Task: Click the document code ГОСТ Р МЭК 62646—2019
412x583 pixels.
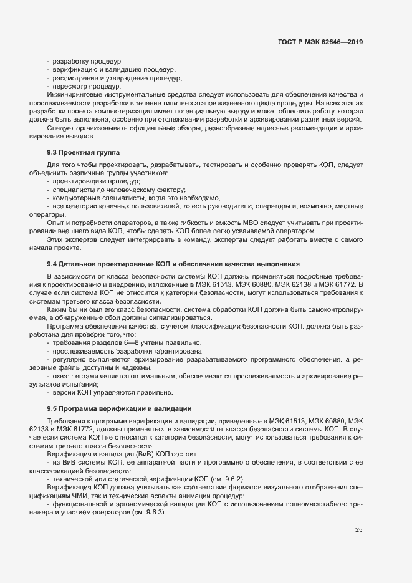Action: tap(320, 42)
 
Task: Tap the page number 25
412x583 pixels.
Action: tap(358, 530)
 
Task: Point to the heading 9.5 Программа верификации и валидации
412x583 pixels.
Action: tap(118, 408)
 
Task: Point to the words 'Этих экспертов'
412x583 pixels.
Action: tap(69, 239)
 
